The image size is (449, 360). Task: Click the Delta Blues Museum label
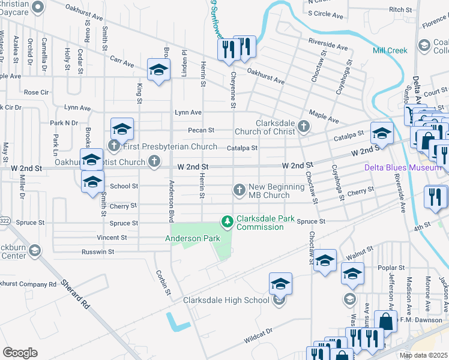[x=403, y=168]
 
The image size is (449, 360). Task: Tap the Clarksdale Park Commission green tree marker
[x=228, y=223]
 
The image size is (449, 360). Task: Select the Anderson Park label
[x=193, y=238]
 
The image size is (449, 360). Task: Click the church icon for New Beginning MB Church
[x=239, y=191]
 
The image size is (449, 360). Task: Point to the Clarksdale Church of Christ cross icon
[x=304, y=127]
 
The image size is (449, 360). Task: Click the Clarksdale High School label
[x=226, y=300]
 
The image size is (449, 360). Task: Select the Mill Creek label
[x=390, y=51]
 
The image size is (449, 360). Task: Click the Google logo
[x=20, y=352]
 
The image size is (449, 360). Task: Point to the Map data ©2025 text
[x=423, y=356]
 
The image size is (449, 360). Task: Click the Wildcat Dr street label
[x=258, y=338]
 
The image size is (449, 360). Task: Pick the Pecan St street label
[x=201, y=130]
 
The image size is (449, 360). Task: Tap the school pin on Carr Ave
[x=159, y=70]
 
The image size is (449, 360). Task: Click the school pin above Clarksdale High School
[x=280, y=284]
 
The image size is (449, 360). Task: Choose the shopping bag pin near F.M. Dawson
[x=385, y=321]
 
